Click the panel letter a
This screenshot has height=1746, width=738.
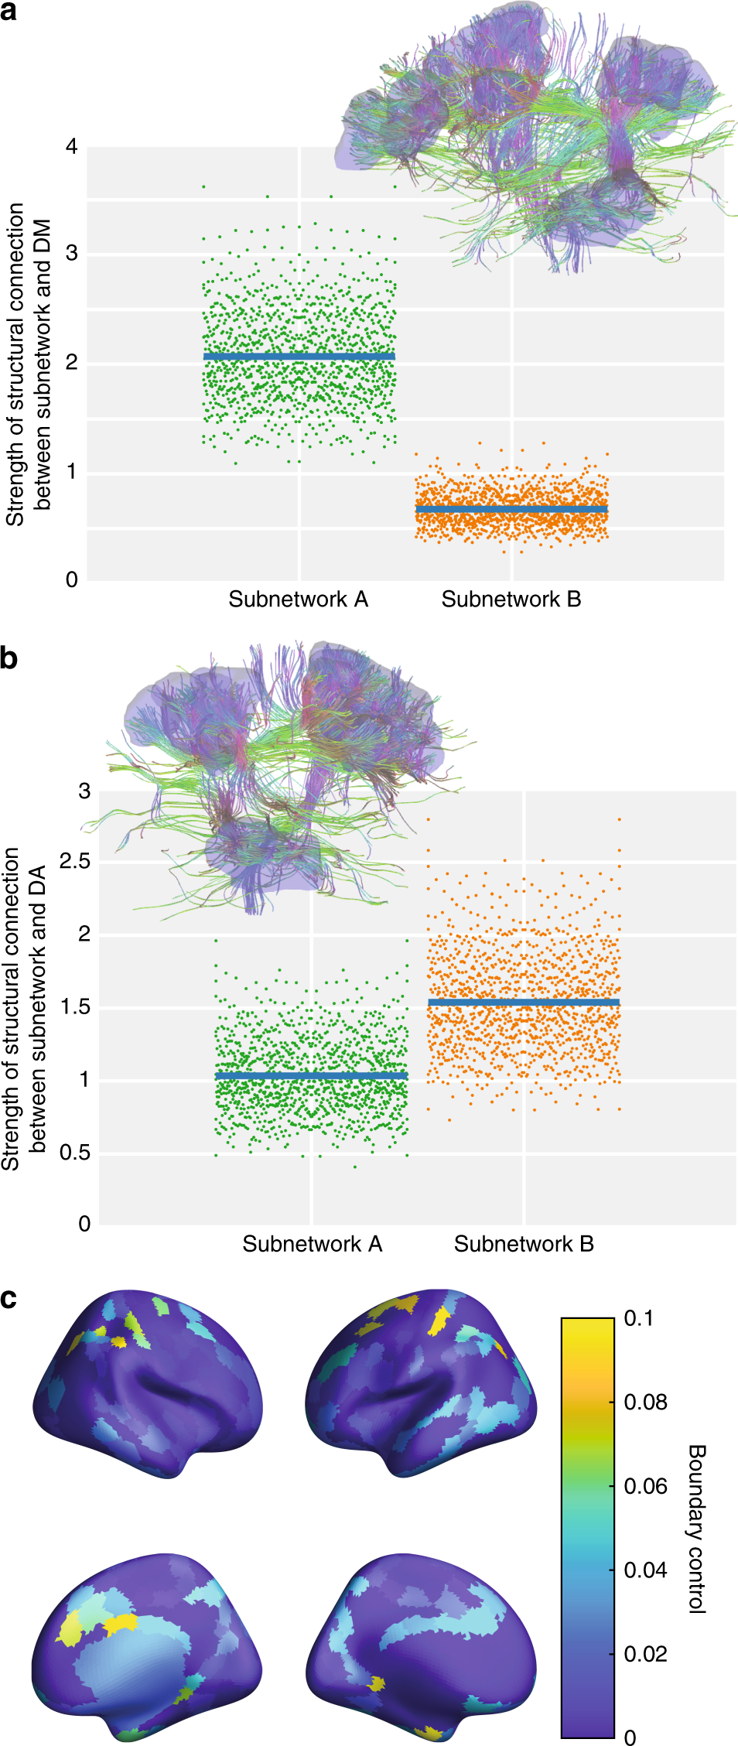pyautogui.click(x=9, y=12)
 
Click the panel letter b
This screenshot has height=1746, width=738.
pyautogui.click(x=9, y=658)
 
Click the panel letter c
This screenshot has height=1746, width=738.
pyautogui.click(x=9, y=1297)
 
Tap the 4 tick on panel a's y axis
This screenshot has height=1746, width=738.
pyautogui.click(x=72, y=146)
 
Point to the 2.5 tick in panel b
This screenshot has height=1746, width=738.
pyautogui.click(x=74, y=861)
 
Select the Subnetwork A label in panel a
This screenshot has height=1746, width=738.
pyautogui.click(x=298, y=600)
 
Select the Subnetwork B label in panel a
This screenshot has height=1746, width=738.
pyautogui.click(x=511, y=600)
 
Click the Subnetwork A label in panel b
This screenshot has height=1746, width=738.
pyautogui.click(x=312, y=1244)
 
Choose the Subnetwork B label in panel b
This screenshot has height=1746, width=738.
pyautogui.click(x=524, y=1244)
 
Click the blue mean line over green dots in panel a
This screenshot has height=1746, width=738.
pyautogui.click(x=299, y=356)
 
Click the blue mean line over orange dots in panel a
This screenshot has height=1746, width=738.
pyautogui.click(x=511, y=509)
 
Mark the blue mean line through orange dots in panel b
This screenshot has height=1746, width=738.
pyautogui.click(x=524, y=1003)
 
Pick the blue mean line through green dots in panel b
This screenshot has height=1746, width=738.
pyautogui.click(x=312, y=1076)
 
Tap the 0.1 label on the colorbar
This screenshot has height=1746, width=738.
pyautogui.click(x=638, y=1318)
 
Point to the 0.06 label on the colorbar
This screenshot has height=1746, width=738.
pyautogui.click(x=645, y=1486)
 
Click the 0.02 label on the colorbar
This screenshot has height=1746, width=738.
pyautogui.click(x=645, y=1654)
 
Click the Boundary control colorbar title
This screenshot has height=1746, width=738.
pyautogui.click(x=696, y=1528)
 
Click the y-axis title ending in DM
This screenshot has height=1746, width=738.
pyautogui.click(x=28, y=364)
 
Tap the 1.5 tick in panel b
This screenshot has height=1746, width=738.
pyautogui.click(x=74, y=1007)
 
